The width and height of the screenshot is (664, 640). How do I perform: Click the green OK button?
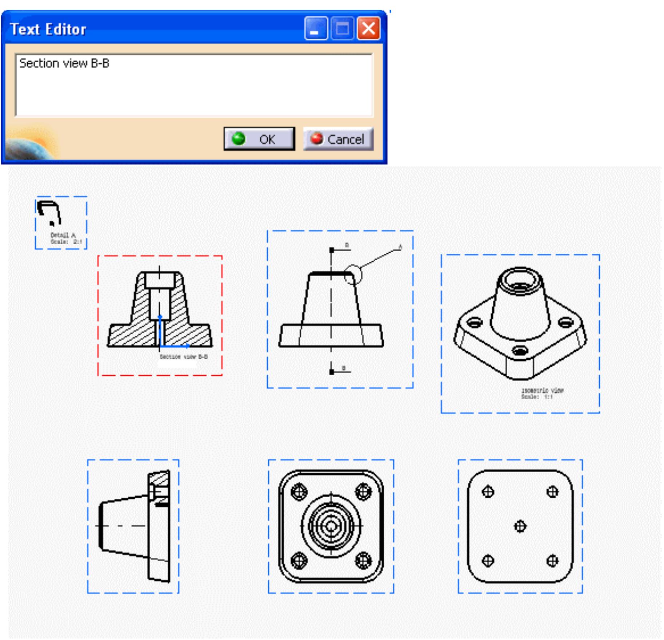tap(259, 139)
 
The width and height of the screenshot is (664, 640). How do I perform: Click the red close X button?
tap(368, 29)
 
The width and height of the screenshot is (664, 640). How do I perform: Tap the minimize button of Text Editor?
tap(315, 29)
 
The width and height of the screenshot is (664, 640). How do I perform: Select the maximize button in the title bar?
tap(342, 29)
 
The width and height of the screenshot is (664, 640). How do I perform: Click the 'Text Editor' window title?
tap(48, 29)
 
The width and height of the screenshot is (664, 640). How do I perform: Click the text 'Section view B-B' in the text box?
tap(64, 63)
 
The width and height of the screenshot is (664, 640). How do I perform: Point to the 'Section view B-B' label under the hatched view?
tap(184, 356)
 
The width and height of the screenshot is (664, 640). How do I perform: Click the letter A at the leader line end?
tap(400, 247)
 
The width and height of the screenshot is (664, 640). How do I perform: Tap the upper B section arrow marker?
tap(332, 250)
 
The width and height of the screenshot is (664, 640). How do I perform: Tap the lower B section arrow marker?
tap(332, 372)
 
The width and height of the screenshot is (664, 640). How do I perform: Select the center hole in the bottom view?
tap(520, 526)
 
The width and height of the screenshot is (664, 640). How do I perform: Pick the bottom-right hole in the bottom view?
tap(552, 560)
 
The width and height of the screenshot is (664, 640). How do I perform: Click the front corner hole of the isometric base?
tap(520, 351)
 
